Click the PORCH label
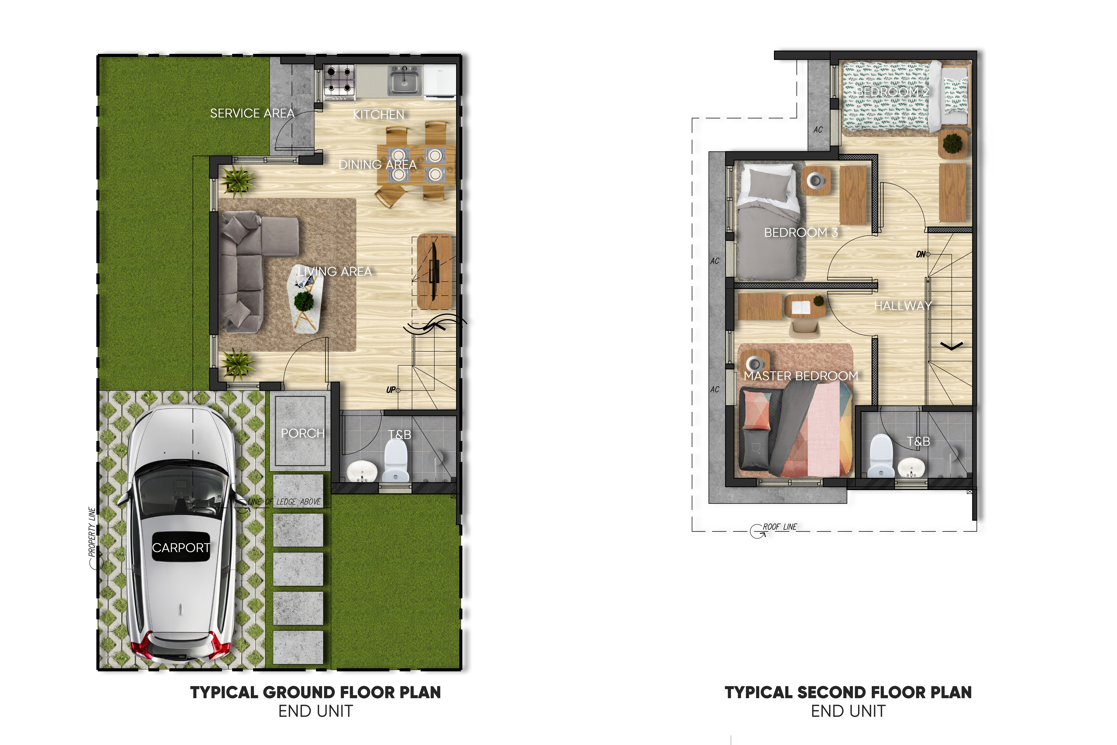[303, 433]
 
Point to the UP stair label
[391, 390]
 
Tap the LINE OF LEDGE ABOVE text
[284, 502]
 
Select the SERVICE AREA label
[252, 113]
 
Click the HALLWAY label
[903, 305]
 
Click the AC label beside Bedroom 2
[818, 129]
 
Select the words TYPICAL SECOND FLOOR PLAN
[848, 692]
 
